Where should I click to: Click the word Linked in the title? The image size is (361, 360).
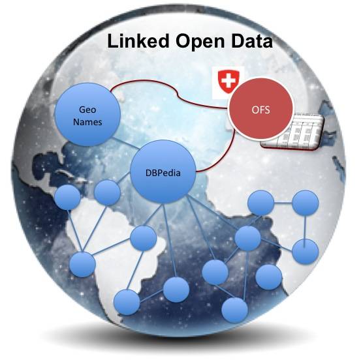(138, 41)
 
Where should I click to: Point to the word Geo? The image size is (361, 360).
(87, 110)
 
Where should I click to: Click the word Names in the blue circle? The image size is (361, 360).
(87, 122)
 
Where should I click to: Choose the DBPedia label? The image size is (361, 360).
(163, 173)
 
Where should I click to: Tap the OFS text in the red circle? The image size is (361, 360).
(260, 110)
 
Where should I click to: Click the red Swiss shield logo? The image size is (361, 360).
(228, 82)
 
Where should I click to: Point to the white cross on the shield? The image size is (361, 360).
(228, 80)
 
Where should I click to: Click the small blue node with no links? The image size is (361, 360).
(269, 277)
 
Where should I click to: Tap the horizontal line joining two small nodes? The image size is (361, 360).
(283, 203)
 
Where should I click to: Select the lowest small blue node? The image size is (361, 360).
(234, 310)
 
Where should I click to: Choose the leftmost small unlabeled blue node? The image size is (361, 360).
(68, 198)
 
